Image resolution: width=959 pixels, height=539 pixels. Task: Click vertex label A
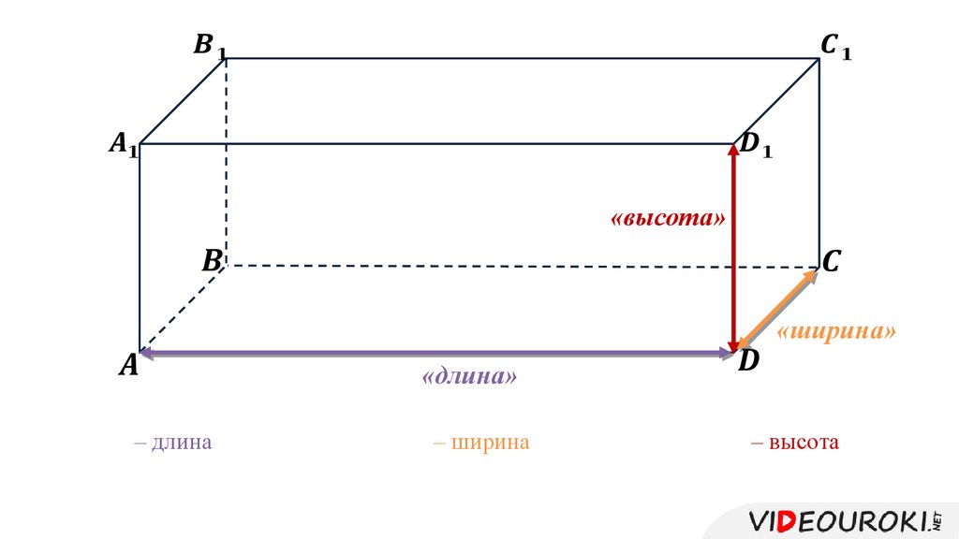[x=127, y=366]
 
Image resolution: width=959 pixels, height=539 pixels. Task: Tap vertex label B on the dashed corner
[x=211, y=261]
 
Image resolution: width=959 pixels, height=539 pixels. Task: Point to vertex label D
[x=747, y=361]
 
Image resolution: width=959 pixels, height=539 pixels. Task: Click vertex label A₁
[x=124, y=143]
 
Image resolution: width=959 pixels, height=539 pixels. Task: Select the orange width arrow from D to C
[x=776, y=310]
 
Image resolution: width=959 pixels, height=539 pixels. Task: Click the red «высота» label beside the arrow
[x=668, y=219]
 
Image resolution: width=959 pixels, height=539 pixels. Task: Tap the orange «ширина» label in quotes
[x=836, y=332]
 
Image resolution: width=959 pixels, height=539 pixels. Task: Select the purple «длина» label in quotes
[x=470, y=377]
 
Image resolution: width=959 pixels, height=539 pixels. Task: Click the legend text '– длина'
[x=172, y=442]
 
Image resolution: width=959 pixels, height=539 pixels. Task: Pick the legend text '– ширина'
[x=481, y=442]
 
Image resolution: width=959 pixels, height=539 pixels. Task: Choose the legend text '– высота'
[x=794, y=442]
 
